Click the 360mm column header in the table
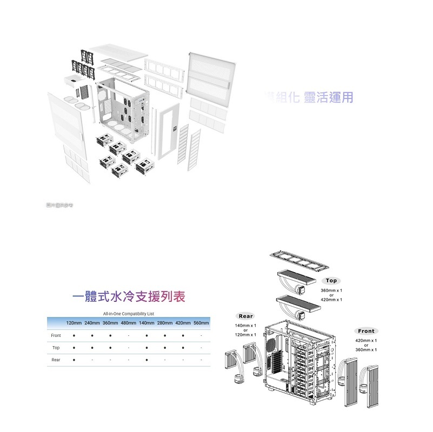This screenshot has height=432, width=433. pyautogui.click(x=110, y=322)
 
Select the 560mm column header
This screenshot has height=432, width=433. pyautogui.click(x=201, y=322)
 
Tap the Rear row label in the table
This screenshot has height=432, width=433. pyautogui.click(x=56, y=359)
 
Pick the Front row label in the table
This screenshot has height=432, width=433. pyautogui.click(x=56, y=335)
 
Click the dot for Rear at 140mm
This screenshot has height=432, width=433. pyautogui.click(x=147, y=359)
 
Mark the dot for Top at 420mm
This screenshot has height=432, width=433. pyautogui.click(x=183, y=347)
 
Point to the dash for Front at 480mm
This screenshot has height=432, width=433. pyautogui.click(x=129, y=335)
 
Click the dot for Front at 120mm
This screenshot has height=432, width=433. pyautogui.click(x=74, y=335)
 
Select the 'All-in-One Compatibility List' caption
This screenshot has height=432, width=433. pyautogui.click(x=128, y=313)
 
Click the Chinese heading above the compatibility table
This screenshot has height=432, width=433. pyautogui.click(x=129, y=296)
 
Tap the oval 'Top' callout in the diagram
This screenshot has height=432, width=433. pyautogui.click(x=331, y=281)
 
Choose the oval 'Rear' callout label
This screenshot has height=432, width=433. pyautogui.click(x=246, y=316)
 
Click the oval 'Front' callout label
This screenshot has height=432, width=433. pyautogui.click(x=366, y=331)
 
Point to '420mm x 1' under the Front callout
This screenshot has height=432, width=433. pyautogui.click(x=366, y=341)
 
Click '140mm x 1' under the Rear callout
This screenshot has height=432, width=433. pyautogui.click(x=246, y=326)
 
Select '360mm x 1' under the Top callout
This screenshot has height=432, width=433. pyautogui.click(x=331, y=291)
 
